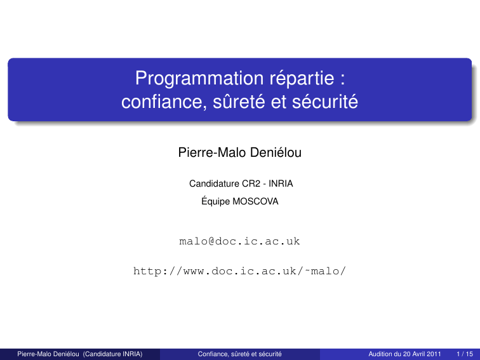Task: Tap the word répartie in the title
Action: click(302, 78)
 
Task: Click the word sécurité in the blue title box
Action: click(325, 102)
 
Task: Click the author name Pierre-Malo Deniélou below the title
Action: click(240, 152)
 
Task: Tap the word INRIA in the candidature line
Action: click(281, 183)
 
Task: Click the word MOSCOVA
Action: click(256, 201)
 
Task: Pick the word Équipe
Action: click(215, 201)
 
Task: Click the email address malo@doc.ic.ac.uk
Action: click(239, 241)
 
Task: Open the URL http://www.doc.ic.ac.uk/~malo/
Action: click(240, 271)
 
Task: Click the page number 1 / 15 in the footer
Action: click(465, 354)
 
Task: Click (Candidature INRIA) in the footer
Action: click(112, 354)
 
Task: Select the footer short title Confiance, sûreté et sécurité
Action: click(240, 354)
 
